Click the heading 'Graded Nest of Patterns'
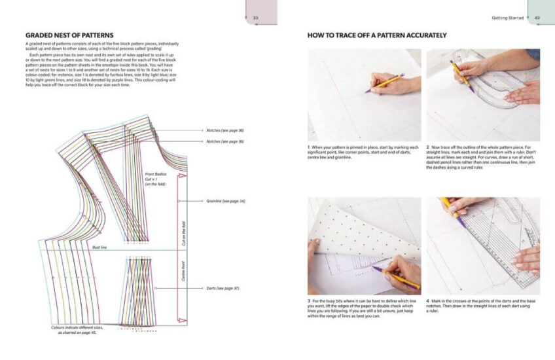(69, 35)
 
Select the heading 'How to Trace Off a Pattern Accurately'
(377, 35)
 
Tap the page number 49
(537, 18)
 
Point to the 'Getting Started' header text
(507, 18)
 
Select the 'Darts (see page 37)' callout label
(221, 288)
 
